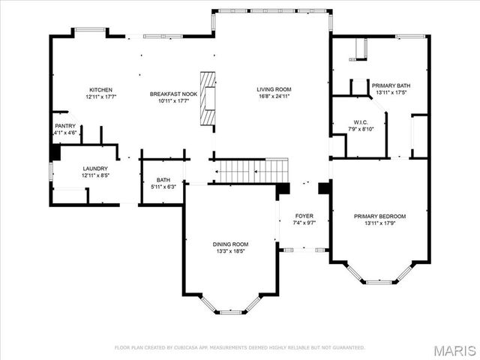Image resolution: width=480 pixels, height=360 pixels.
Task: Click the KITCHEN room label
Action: point(101,90)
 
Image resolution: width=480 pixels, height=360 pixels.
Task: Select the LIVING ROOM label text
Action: point(274,90)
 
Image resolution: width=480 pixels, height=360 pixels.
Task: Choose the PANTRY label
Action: point(65,126)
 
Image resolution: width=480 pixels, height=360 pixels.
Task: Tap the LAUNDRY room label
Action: point(95,169)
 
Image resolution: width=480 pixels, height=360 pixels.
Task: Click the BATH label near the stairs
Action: point(163,180)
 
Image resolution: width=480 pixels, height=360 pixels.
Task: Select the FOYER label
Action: point(304,216)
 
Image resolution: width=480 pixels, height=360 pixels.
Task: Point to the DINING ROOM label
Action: point(230,244)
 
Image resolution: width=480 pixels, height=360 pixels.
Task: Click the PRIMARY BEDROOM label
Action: point(379,216)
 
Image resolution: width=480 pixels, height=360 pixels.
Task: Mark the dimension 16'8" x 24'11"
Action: point(274,97)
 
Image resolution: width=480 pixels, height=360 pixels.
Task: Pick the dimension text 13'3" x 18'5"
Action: point(230,251)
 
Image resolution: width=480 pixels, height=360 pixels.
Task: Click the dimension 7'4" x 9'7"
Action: point(304,223)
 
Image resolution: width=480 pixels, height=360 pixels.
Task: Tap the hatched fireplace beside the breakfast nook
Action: point(207,97)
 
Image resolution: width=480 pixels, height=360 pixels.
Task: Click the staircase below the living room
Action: point(252,170)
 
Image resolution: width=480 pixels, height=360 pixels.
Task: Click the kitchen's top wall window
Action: point(89,31)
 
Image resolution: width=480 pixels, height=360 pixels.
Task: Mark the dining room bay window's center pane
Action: point(231,311)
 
